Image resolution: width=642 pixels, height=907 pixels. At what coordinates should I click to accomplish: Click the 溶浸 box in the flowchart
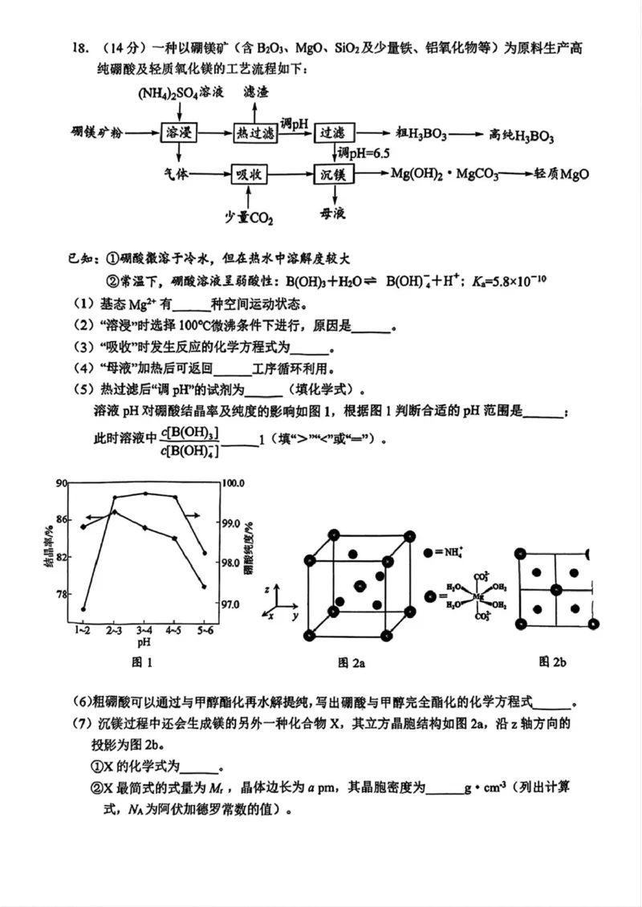click(178, 133)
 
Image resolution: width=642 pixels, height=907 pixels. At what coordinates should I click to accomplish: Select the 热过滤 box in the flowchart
click(255, 133)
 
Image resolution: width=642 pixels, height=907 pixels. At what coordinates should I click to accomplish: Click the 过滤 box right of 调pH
click(332, 133)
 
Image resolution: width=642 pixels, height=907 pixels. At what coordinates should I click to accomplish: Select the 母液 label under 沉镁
click(332, 214)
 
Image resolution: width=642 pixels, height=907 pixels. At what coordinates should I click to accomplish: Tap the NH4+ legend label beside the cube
click(461, 553)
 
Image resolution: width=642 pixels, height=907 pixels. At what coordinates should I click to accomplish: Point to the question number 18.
click(78, 48)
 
